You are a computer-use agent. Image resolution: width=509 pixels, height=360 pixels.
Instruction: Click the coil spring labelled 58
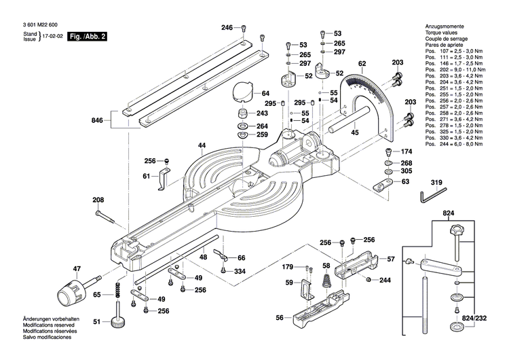(326, 278)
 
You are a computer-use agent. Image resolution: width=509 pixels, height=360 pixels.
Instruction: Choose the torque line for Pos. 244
(454, 144)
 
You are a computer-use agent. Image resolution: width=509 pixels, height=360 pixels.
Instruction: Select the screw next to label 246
(244, 29)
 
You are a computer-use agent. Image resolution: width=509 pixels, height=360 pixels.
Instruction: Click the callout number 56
(280, 317)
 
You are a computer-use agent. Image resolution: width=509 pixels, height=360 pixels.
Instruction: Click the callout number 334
(240, 272)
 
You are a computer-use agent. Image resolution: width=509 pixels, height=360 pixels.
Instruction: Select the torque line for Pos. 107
(454, 52)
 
